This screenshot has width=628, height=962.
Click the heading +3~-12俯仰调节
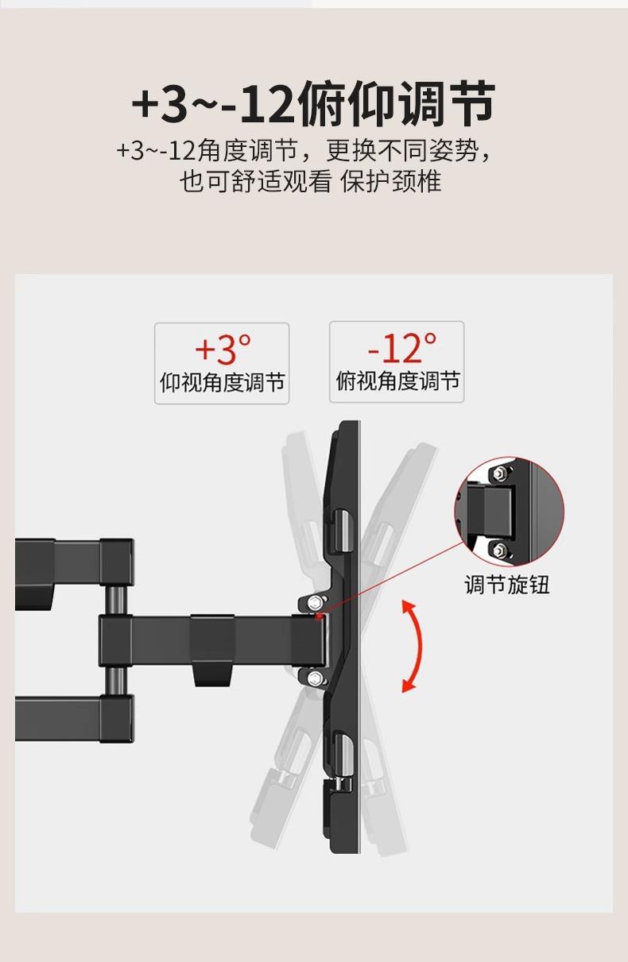click(313, 105)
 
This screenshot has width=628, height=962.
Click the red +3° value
click(222, 348)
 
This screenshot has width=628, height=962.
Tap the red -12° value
click(401, 347)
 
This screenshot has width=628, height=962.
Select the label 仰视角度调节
click(222, 384)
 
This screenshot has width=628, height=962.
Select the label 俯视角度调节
click(397, 382)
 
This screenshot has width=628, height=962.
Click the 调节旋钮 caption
click(506, 585)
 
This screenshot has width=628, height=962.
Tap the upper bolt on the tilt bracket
click(315, 601)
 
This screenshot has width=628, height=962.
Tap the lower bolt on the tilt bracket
click(316, 677)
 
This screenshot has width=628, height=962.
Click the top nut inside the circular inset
click(499, 474)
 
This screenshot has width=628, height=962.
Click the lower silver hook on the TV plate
click(340, 760)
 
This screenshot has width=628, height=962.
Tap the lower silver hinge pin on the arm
click(116, 680)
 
